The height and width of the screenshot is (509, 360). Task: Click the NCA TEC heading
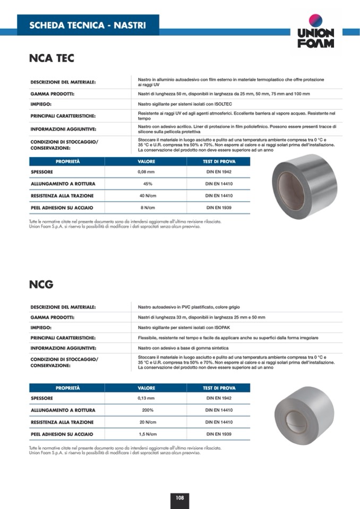pos(52,58)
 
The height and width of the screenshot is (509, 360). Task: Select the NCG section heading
pos(41,284)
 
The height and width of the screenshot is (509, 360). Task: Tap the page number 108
pos(180,497)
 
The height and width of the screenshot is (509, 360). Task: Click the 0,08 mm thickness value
pos(145,172)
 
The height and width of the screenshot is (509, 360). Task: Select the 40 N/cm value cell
pos(146,196)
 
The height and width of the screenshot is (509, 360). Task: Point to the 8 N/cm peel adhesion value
pos(146,208)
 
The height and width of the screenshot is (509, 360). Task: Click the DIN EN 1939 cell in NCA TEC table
pos(219,208)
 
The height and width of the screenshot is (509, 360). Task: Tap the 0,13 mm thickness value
pos(145,398)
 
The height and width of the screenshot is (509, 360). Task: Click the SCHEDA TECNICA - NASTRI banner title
pos(87,25)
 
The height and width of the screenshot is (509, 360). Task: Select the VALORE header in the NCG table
pos(147,388)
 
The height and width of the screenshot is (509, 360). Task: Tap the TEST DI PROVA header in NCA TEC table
pos(219,161)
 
